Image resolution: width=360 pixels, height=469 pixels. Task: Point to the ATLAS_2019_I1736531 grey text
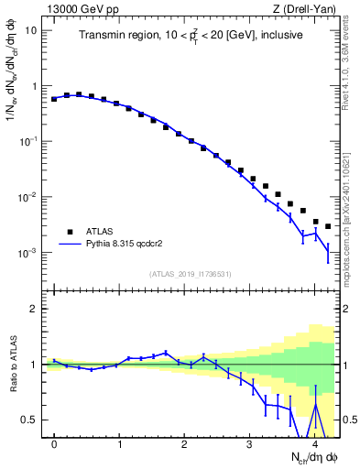191,274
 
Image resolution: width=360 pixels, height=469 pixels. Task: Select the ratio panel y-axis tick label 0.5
32,420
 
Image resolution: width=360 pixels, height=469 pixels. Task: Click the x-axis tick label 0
55,444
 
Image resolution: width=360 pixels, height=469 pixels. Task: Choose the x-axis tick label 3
250,444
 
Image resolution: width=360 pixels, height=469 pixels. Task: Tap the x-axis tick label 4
315,444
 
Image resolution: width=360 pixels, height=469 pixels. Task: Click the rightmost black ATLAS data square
328,225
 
